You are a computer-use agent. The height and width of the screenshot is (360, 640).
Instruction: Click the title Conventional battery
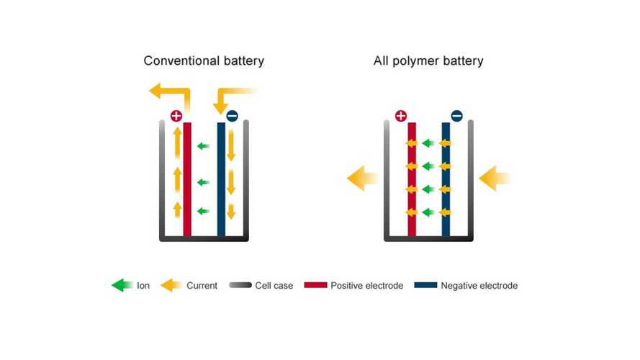tap(204, 60)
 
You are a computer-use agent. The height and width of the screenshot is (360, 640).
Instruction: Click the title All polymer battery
tap(428, 60)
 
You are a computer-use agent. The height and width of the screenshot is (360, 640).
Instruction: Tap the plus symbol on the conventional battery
tap(176, 115)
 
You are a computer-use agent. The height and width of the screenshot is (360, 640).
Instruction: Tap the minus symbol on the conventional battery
tap(232, 115)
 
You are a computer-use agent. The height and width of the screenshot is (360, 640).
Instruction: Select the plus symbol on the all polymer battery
tap(401, 115)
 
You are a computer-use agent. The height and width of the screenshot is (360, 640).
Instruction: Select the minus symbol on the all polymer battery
tap(456, 115)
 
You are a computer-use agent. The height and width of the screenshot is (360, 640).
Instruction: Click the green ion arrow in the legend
tap(122, 286)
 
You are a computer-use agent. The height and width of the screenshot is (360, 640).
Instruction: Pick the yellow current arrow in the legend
tap(171, 286)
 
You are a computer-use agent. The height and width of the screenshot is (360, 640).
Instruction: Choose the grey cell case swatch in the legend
tap(240, 286)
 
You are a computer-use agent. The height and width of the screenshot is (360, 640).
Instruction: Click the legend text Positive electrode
tap(367, 286)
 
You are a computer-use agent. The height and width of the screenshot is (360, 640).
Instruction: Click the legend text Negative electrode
tap(479, 286)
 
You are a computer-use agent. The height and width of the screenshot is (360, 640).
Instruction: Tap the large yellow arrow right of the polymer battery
tap(494, 178)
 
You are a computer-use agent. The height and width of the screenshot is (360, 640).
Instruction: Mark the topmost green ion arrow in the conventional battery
tap(204, 146)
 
